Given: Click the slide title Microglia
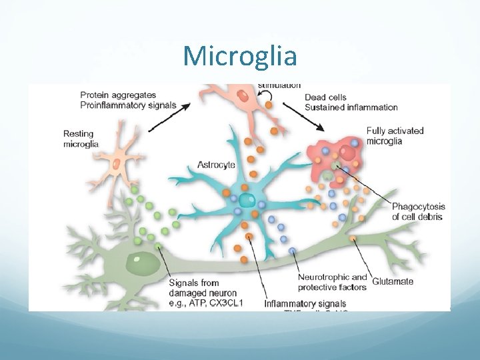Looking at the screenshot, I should click(240, 56).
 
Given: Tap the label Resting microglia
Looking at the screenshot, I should click(81, 138).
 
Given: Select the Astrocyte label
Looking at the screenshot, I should click(216, 164).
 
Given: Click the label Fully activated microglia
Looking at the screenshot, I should click(395, 135).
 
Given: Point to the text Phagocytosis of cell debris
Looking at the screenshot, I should click(418, 211).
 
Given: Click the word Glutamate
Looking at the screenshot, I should click(393, 281).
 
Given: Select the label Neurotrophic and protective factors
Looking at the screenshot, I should click(332, 282).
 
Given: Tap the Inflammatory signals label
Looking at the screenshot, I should click(305, 304).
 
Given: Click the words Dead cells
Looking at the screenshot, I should click(325, 97).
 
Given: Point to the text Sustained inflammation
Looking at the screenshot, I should click(351, 107).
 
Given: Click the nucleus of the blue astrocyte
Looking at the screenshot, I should click(247, 200).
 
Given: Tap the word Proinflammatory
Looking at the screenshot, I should click(111, 105).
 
